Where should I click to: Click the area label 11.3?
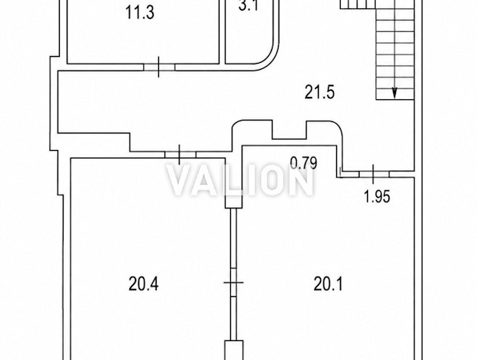click(x=140, y=13)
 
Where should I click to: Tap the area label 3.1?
click(x=248, y=5)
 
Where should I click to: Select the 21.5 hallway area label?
click(x=320, y=92)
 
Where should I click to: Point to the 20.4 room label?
click(x=143, y=284)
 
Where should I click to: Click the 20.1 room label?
click(x=329, y=284)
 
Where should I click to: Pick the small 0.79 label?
click(x=304, y=163)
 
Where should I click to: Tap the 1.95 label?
click(x=377, y=196)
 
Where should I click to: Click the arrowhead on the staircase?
click(x=394, y=93)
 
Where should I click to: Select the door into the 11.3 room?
click(x=159, y=67)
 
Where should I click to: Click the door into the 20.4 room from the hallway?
click(x=180, y=155)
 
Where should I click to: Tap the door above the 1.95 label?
click(x=374, y=174)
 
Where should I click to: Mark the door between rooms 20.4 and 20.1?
click(x=234, y=283)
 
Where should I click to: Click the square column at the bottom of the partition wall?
click(x=234, y=350)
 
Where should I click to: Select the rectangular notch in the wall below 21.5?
click(x=289, y=130)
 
